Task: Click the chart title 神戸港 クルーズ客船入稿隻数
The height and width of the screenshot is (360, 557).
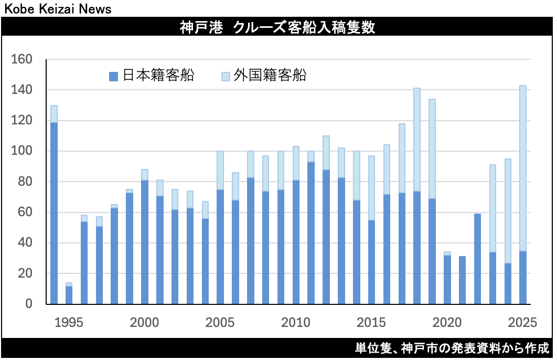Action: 278,28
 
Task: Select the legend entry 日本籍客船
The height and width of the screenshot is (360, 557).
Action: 152,76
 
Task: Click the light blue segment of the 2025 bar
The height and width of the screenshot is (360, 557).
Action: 522,168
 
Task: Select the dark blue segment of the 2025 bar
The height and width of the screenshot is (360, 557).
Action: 522,278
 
